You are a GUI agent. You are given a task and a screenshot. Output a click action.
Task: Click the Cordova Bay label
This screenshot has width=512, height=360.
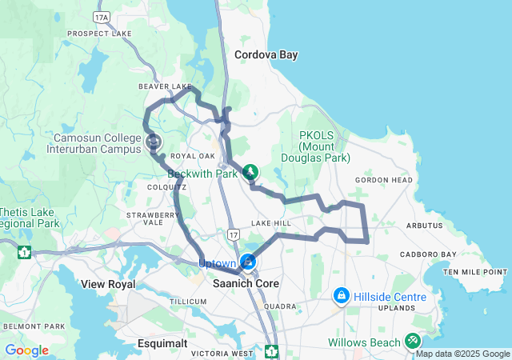(266, 55)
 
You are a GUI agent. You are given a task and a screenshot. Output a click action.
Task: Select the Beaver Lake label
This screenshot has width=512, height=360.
(166, 86)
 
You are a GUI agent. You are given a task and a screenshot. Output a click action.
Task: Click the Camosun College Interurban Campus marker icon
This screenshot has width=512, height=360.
(154, 142)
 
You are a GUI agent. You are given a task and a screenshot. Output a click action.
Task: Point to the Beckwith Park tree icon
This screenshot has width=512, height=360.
(251, 172)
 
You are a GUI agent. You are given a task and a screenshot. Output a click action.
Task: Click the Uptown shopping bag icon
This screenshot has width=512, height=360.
(249, 262)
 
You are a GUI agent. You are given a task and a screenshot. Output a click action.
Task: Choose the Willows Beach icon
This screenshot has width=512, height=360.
(412, 341)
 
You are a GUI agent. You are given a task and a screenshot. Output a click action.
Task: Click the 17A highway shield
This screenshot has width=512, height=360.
(101, 16)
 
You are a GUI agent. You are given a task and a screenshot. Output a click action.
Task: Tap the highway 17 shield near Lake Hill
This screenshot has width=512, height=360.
(233, 234)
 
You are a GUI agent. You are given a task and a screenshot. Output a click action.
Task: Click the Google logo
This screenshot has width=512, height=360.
(26, 350)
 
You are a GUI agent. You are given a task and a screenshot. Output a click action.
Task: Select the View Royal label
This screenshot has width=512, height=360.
(108, 284)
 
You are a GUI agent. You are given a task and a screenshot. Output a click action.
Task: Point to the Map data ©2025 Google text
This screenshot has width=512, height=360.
(462, 354)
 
